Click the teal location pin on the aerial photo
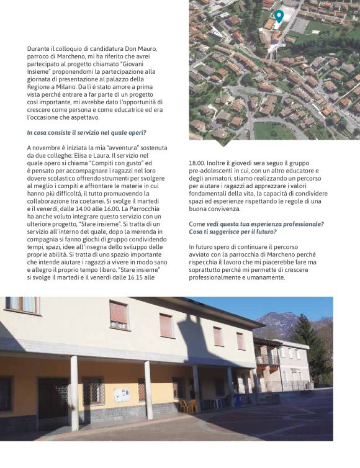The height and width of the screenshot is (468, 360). pos(279,16)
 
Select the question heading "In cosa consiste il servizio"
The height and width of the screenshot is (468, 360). pos(87,132)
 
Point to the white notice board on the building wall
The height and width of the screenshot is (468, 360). pos(122,395)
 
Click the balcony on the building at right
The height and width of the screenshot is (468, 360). pos(268,360)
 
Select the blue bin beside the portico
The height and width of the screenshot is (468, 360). pos(238,401)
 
